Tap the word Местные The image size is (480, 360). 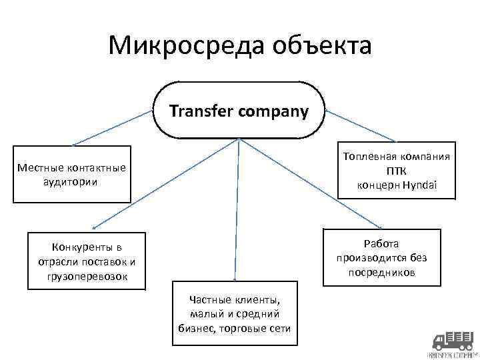41,168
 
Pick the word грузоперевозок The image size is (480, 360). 87,275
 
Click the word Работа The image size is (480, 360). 381,243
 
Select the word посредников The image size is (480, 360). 381,273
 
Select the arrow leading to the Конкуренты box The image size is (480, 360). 160,187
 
